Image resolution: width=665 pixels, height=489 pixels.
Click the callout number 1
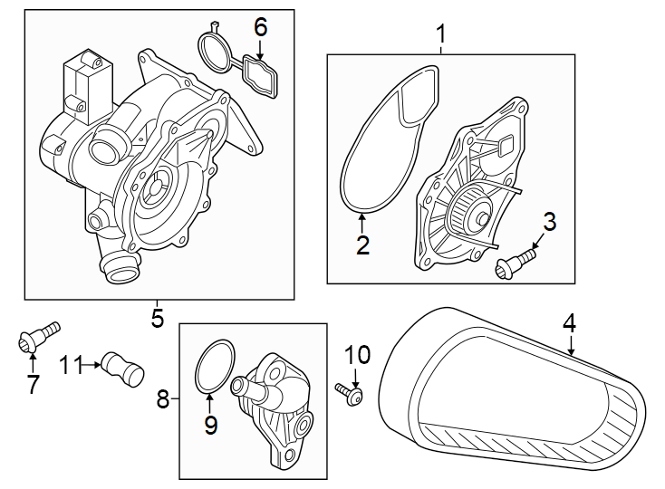[441, 35]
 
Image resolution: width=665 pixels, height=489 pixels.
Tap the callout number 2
[363, 244]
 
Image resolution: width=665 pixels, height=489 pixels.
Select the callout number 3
[548, 222]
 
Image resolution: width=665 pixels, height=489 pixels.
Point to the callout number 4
[569, 321]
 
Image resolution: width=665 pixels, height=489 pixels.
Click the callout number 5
[157, 318]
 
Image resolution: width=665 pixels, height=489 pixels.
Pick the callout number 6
[261, 27]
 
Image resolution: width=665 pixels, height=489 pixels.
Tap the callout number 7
[33, 385]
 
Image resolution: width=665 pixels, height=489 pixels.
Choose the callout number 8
[163, 398]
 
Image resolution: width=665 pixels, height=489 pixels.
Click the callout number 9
[210, 425]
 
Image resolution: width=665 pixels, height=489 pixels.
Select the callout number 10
[358, 353]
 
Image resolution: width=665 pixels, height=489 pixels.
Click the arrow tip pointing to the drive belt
[572, 354]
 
